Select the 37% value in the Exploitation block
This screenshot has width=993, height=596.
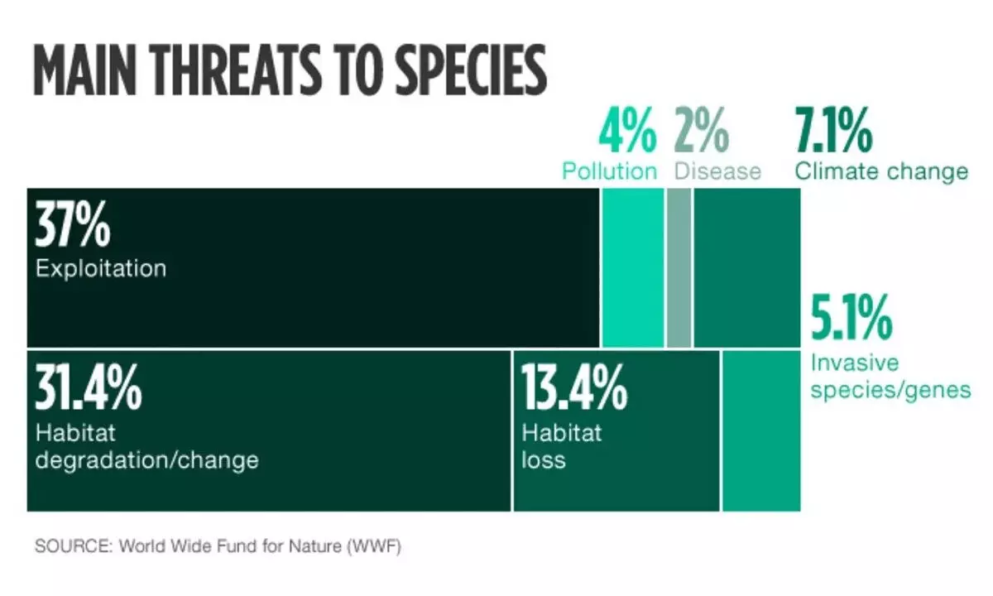coord(72,227)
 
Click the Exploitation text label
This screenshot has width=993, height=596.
coord(100,269)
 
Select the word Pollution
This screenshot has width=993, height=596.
coord(609,171)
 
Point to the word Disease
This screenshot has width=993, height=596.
coord(717,171)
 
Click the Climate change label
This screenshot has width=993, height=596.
coord(881,171)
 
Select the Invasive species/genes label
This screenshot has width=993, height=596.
coord(890,377)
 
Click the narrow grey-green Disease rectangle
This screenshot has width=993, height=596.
coord(679,267)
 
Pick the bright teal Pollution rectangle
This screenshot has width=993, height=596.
coord(633,267)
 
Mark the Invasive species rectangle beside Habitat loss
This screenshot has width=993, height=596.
coord(761,430)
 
